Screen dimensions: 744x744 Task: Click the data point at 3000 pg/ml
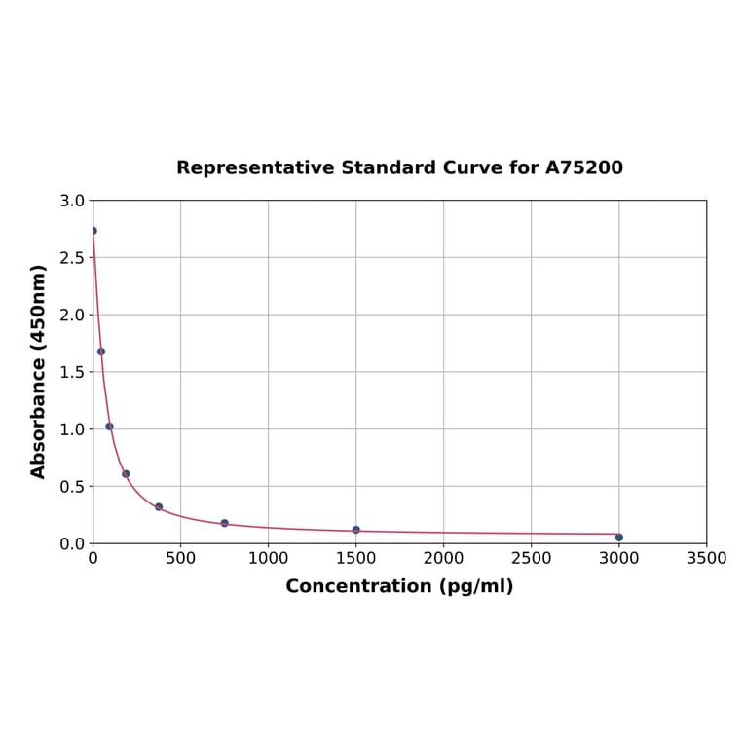point(618,537)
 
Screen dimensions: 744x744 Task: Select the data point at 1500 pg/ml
point(355,530)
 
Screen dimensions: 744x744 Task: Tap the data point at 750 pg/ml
point(224,523)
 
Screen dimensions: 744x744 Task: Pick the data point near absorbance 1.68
point(101,352)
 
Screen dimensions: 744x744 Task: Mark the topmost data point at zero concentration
point(93,231)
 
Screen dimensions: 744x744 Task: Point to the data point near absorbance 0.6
point(126,474)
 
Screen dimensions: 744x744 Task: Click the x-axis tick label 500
point(180,559)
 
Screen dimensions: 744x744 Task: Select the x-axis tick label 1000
point(268,559)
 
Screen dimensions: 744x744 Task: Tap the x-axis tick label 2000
point(443,559)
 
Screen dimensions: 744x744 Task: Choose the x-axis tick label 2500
point(531,559)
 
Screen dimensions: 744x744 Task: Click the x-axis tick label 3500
point(706,559)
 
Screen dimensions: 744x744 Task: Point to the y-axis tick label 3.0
point(72,202)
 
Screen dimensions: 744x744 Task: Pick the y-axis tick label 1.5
point(72,372)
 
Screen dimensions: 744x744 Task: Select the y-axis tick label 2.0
point(72,316)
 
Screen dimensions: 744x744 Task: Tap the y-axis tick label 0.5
point(72,487)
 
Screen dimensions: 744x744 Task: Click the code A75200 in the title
point(583,168)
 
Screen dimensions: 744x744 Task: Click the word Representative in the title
point(256,168)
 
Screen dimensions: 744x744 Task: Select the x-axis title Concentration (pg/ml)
point(399,586)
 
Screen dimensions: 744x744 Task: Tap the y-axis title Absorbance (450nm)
point(39,371)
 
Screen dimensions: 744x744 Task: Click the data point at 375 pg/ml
point(159,506)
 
